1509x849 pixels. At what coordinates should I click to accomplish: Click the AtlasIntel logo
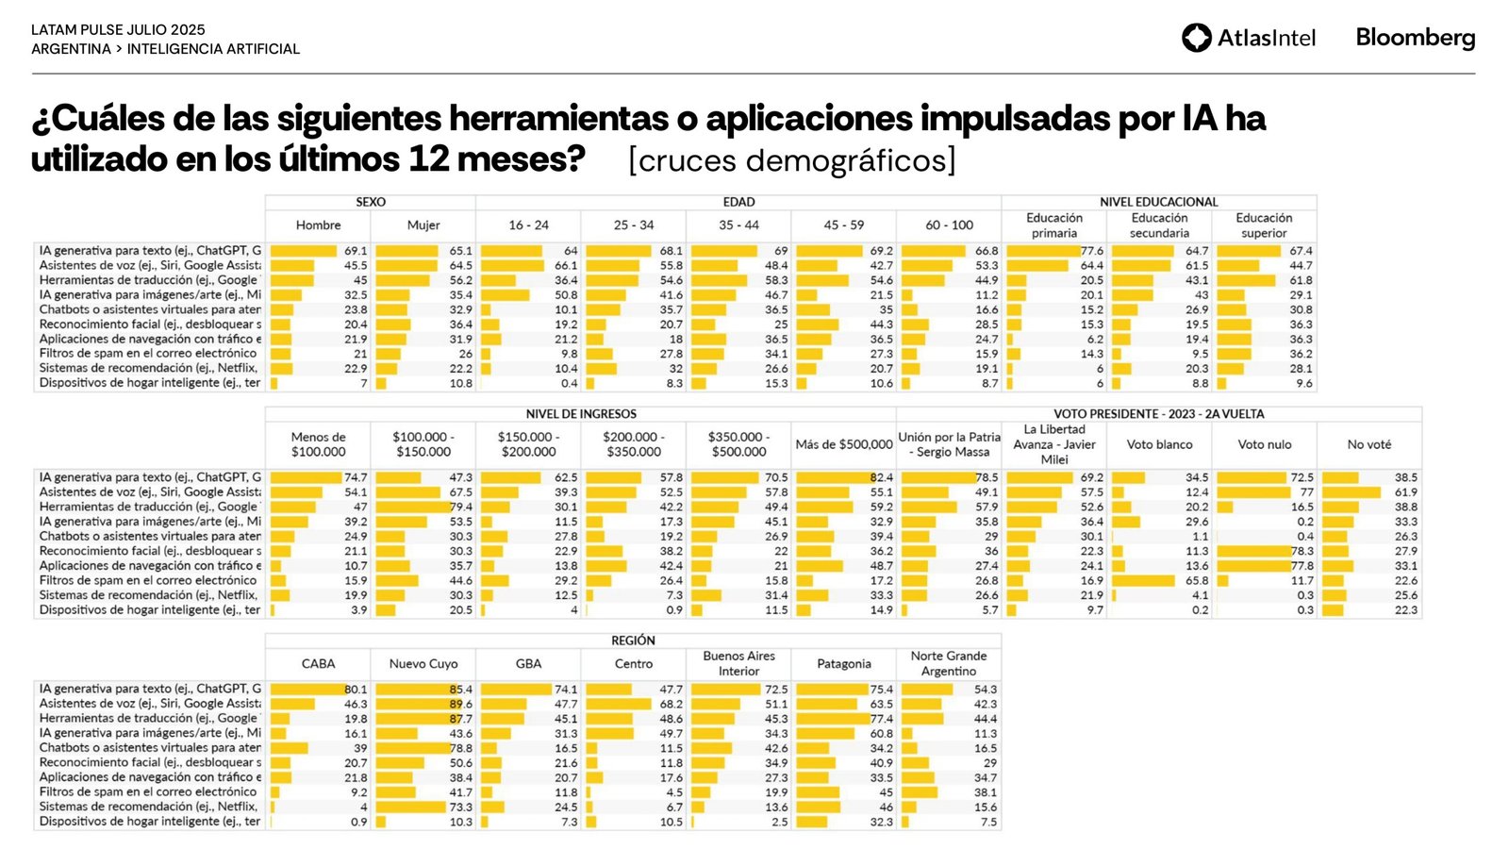(x=1248, y=38)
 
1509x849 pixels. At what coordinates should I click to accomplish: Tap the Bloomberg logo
(x=1415, y=38)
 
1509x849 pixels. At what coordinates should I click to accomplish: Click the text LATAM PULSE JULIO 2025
(x=118, y=30)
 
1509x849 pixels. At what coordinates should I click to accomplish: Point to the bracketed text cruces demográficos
(x=791, y=160)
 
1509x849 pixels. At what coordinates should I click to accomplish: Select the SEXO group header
(x=371, y=202)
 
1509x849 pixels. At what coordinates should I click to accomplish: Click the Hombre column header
(x=319, y=225)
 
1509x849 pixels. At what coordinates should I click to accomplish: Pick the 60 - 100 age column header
(x=949, y=225)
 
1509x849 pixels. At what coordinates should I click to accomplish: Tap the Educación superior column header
(x=1264, y=225)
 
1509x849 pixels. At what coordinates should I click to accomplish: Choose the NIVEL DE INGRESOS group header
(x=581, y=414)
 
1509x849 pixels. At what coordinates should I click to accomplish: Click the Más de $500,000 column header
(x=843, y=444)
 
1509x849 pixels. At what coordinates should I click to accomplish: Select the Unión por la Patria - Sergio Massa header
(x=949, y=444)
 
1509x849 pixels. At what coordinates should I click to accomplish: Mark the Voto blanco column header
(x=1159, y=444)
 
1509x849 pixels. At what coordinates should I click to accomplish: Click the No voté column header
(x=1368, y=444)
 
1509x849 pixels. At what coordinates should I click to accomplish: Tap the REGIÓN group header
(x=633, y=641)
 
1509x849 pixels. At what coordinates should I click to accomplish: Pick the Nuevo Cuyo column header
(x=423, y=664)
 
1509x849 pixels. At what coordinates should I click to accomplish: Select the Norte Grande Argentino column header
(x=949, y=664)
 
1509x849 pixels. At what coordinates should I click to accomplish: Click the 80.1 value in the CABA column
(x=357, y=690)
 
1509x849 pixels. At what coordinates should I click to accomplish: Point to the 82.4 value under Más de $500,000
(x=882, y=478)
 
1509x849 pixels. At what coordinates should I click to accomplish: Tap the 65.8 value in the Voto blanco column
(x=1197, y=581)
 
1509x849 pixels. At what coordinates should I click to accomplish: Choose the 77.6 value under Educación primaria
(x=1092, y=251)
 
